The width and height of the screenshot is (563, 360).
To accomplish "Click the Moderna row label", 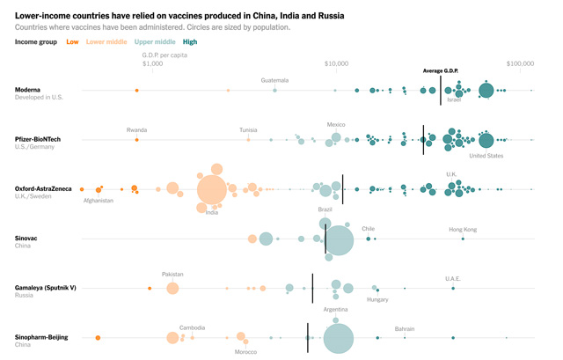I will (x=32, y=90).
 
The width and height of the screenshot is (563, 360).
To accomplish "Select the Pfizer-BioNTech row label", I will (x=44, y=139).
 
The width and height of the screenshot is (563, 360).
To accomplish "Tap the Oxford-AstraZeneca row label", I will (x=50, y=188).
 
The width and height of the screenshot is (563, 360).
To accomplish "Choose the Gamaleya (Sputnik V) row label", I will (x=52, y=287).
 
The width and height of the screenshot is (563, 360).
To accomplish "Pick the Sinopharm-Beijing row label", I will (x=48, y=337).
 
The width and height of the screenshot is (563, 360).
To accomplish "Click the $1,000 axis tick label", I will (x=153, y=63).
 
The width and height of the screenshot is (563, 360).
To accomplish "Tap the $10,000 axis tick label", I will (x=337, y=63).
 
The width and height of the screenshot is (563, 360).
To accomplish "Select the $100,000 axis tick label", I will (x=521, y=63).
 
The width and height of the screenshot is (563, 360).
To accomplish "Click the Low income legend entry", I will (x=72, y=41).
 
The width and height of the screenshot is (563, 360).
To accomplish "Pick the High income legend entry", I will (x=190, y=41).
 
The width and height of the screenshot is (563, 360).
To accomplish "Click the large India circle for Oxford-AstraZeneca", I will (x=212, y=189).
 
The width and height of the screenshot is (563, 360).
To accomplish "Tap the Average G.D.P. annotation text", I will (x=441, y=70).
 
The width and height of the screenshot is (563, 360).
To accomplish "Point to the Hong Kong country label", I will (x=463, y=230).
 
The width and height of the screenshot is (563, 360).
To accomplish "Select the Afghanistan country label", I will (x=99, y=201).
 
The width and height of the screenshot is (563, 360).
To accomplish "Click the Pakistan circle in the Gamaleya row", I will (x=172, y=288).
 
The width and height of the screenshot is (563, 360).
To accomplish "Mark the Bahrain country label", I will (x=405, y=328).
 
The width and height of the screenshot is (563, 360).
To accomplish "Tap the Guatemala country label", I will (x=274, y=80).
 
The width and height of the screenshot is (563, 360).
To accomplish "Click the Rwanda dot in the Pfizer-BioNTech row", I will (x=136, y=140).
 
